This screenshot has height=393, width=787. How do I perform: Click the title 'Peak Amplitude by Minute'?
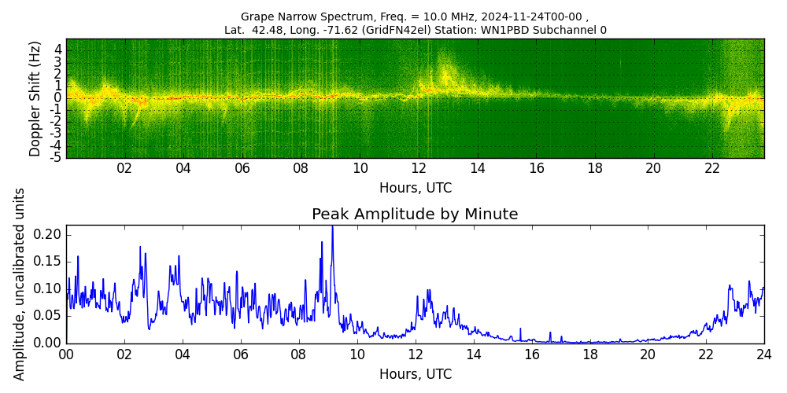click(415, 215)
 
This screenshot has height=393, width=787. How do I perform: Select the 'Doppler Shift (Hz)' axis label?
click(35, 99)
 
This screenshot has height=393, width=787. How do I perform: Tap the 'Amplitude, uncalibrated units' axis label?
click(20, 284)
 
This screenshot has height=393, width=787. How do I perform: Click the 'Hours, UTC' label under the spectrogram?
click(415, 189)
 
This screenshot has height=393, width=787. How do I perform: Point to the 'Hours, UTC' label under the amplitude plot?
click(415, 374)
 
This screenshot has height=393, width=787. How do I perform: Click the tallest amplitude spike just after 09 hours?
click(332, 228)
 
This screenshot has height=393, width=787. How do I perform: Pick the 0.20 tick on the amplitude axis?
click(49, 234)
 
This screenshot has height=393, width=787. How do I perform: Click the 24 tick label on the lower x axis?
click(763, 354)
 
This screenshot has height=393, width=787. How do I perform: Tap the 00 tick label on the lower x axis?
click(66, 354)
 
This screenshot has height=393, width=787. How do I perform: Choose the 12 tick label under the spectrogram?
click(419, 168)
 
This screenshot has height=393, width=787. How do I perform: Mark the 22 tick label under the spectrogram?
click(712, 168)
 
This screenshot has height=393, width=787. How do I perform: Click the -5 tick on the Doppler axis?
click(56, 157)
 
